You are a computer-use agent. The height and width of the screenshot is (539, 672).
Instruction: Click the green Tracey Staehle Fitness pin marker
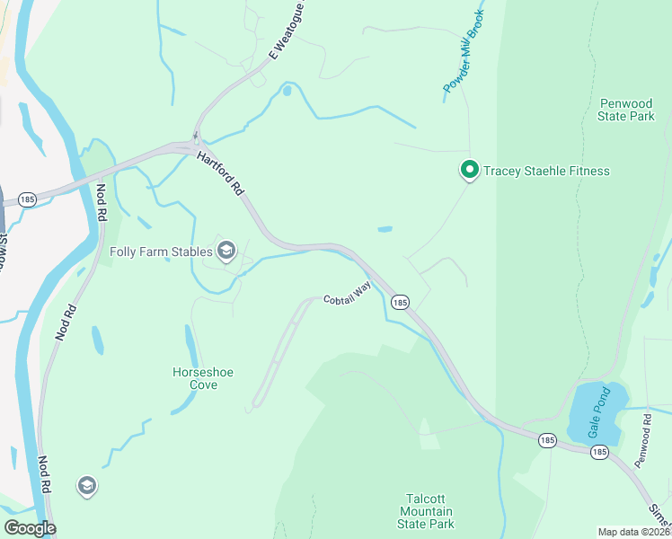(468, 169)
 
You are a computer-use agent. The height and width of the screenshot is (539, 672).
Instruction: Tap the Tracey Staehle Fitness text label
(546, 171)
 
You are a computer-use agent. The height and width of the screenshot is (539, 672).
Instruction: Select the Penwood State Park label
(626, 110)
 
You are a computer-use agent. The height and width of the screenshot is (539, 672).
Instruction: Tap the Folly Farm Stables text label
(161, 252)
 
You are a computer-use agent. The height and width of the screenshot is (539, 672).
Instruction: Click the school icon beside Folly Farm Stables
(225, 251)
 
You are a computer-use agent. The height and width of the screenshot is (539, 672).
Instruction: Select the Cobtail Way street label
(347, 293)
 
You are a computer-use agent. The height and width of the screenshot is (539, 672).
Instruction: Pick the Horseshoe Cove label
(195, 377)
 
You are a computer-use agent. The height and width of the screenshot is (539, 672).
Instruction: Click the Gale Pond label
(599, 411)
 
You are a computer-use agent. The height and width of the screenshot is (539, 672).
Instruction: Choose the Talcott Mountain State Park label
(428, 510)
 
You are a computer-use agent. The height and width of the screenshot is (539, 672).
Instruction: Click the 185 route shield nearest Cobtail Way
(400, 303)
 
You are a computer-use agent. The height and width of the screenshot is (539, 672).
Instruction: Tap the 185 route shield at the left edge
(27, 199)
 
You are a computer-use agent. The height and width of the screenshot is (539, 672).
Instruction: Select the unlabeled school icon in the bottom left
(86, 486)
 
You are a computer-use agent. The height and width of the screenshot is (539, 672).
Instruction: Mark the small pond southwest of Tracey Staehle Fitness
(385, 229)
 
